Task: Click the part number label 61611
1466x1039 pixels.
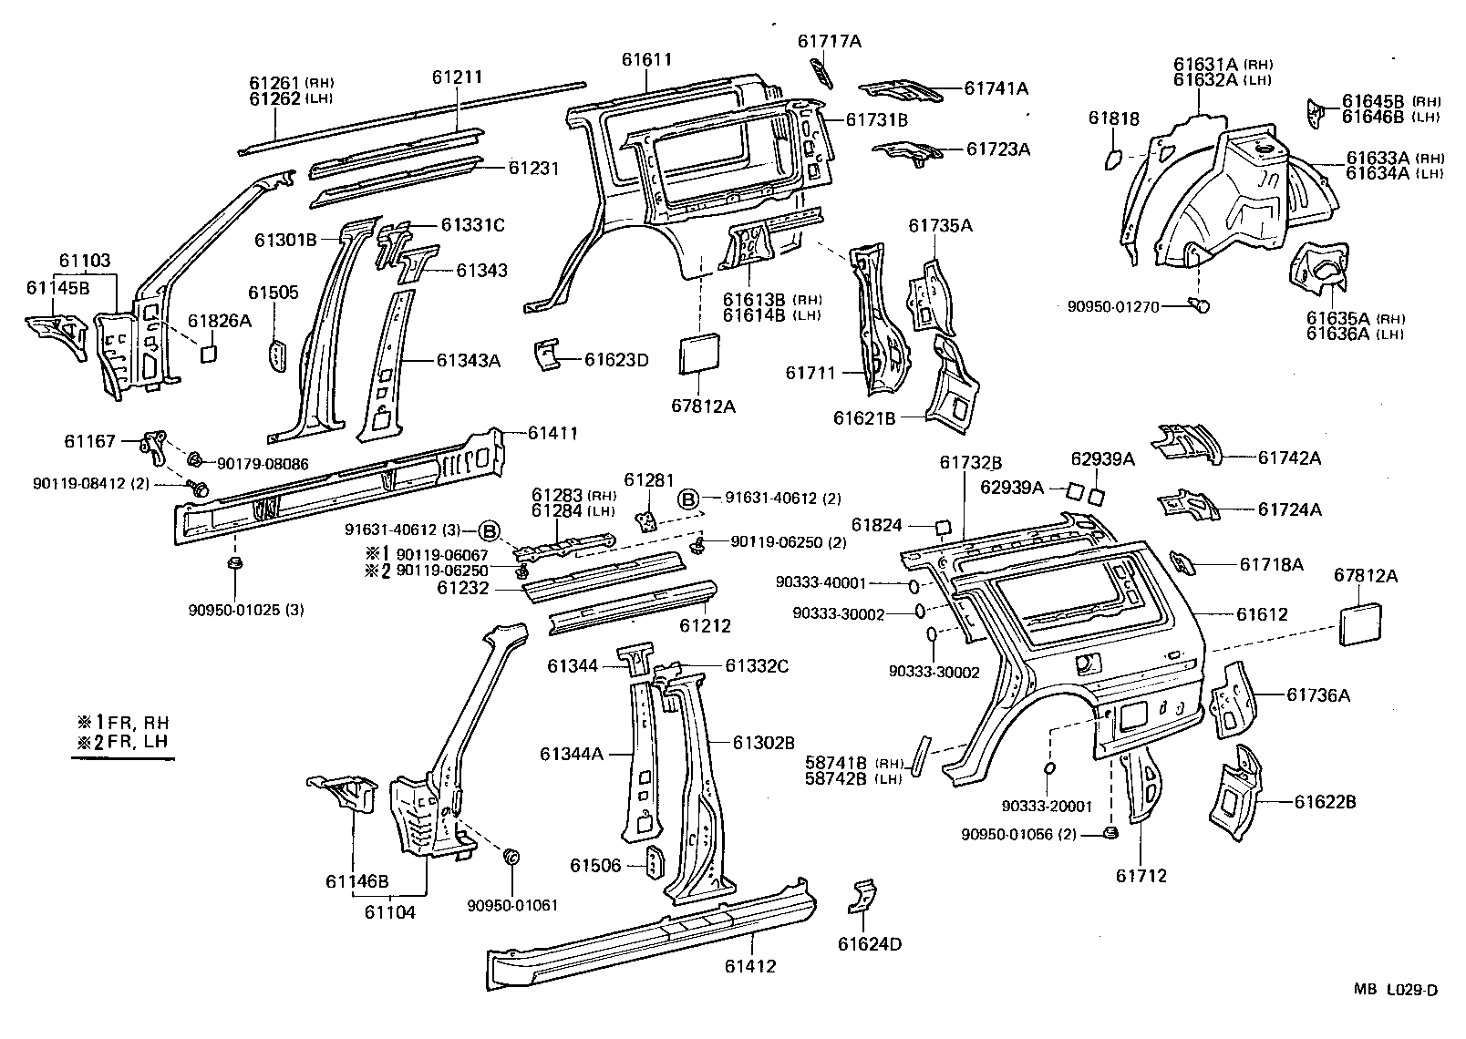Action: tap(646, 60)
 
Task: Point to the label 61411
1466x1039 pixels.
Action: tap(552, 434)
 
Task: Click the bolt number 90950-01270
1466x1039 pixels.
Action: tap(1113, 307)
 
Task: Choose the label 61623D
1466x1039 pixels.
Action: tap(616, 359)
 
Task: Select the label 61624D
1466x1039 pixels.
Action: tap(870, 944)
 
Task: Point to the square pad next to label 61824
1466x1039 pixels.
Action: tap(943, 527)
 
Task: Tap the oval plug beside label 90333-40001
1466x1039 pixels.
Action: tap(914, 583)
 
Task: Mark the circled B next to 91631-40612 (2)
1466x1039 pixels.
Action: tap(687, 499)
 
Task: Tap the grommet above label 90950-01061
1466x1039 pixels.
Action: tap(511, 857)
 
